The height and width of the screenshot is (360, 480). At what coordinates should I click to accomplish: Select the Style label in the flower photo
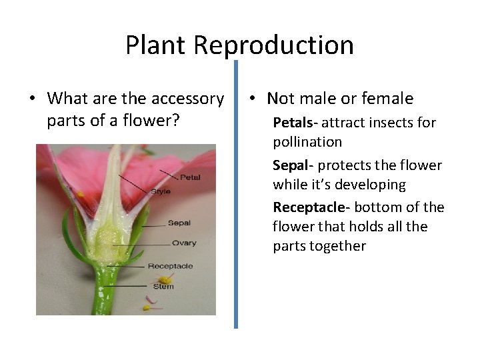tap(160, 191)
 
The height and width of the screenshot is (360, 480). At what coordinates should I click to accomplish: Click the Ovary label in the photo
tap(183, 243)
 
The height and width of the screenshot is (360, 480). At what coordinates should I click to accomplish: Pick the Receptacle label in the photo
tap(170, 266)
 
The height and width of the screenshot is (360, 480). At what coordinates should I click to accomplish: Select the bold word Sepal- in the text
tap(293, 165)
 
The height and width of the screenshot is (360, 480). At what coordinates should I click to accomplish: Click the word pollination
tap(307, 142)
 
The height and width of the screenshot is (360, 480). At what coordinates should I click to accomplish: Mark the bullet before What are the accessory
tap(32, 99)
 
